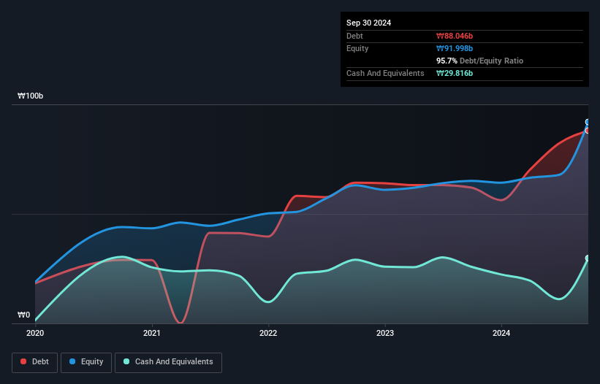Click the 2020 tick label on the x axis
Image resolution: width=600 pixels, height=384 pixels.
35,334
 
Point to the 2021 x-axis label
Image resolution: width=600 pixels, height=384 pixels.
152,334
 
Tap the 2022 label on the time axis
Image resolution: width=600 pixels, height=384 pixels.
268,334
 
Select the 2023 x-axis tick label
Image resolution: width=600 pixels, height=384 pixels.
385,334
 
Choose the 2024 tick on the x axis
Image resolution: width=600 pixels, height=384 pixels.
501,334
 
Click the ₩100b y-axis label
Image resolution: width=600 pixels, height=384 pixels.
31,96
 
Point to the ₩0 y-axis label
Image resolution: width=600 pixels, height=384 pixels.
24,315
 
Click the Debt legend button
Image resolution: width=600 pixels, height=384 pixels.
36,361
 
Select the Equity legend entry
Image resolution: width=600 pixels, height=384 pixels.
86,361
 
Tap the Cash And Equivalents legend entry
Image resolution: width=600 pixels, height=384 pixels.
168,361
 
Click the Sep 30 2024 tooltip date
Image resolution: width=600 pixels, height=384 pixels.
369,23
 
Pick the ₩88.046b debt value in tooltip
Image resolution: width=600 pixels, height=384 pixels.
455,36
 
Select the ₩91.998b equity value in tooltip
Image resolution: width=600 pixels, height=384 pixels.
455,48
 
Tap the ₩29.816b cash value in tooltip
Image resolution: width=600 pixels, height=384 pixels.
455,73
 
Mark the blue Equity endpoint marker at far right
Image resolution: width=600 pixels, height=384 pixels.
588,123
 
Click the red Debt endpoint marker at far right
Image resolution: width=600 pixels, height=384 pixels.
588,131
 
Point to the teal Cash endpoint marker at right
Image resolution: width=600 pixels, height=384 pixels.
588,258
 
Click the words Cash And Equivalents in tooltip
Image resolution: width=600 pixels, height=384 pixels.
385,73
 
